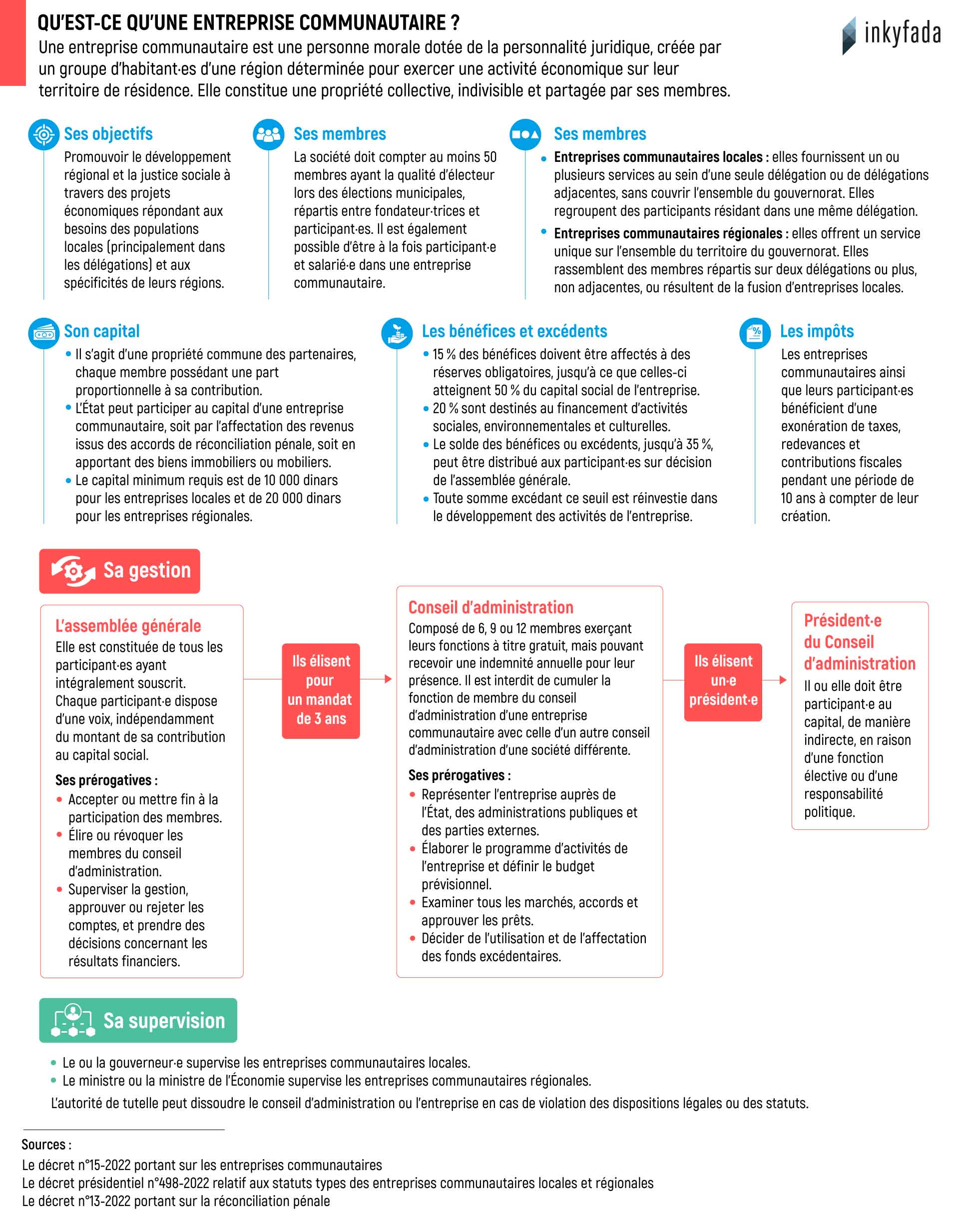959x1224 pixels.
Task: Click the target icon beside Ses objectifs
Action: pyautogui.click(x=44, y=135)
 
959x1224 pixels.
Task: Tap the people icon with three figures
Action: pyautogui.click(x=268, y=135)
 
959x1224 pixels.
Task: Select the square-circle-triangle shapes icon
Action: pyautogui.click(x=525, y=135)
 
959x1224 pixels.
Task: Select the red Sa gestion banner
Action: pyautogui.click(x=119, y=571)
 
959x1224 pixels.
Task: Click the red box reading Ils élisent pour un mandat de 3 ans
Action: pyautogui.click(x=321, y=690)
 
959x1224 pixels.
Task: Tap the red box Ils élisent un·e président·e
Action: pyautogui.click(x=723, y=681)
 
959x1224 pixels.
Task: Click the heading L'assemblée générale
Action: pyautogui.click(x=128, y=625)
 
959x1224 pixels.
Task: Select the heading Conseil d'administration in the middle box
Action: pyautogui.click(x=490, y=607)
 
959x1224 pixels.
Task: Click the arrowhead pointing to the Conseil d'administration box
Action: pyautogui.click(x=388, y=679)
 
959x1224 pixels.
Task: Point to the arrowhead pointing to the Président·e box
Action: pyautogui.click(x=783, y=680)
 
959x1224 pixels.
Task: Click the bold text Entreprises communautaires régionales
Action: pyautogui.click(x=668, y=234)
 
